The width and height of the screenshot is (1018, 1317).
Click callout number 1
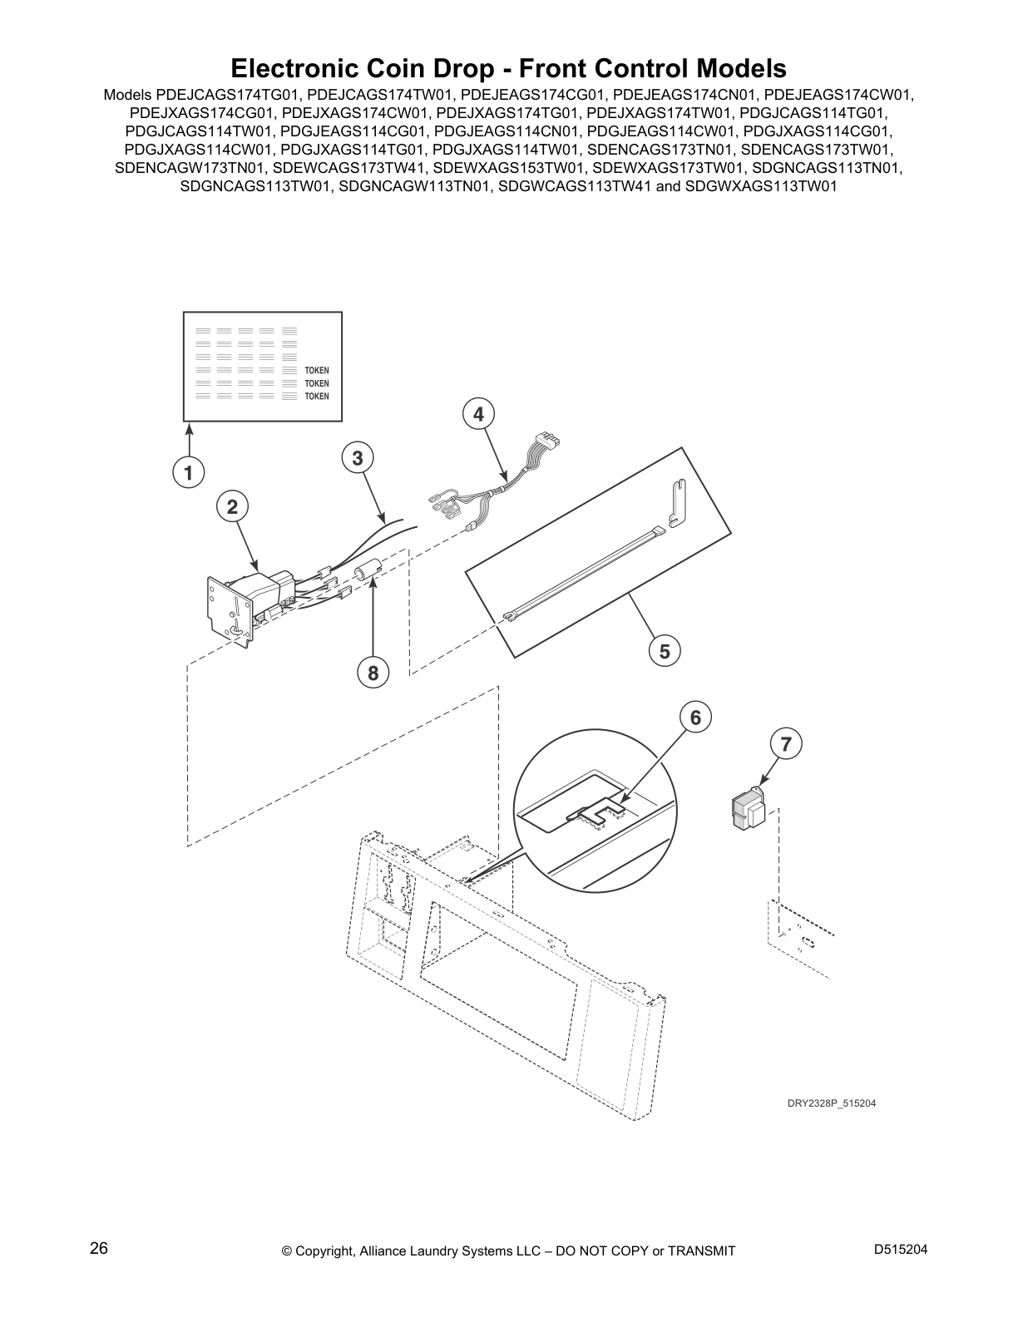189,472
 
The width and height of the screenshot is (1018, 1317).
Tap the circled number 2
232,506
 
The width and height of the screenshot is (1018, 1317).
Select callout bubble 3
357,458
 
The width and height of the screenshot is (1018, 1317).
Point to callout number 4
478,415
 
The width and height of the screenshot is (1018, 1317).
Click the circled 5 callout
665,652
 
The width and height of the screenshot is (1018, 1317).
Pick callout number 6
695,717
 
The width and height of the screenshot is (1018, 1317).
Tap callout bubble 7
786,743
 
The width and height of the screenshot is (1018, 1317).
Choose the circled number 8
373,673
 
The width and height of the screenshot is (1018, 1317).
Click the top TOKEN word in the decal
317,370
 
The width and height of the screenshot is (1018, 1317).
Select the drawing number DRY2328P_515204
831,1103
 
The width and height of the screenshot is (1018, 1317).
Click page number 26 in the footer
99,1248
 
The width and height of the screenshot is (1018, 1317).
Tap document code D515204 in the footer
901,1249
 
